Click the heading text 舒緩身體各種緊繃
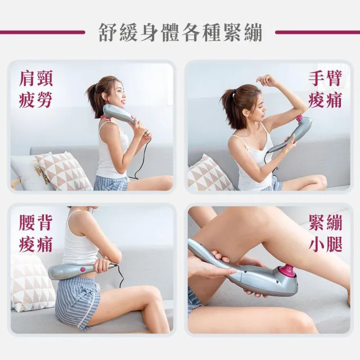(181, 33)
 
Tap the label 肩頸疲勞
(36, 89)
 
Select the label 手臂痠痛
(325, 89)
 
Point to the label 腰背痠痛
(36, 233)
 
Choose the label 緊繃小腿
(325, 233)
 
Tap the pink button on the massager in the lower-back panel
(83, 269)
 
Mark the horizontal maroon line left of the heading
(42, 33)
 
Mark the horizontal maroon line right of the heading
(317, 33)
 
